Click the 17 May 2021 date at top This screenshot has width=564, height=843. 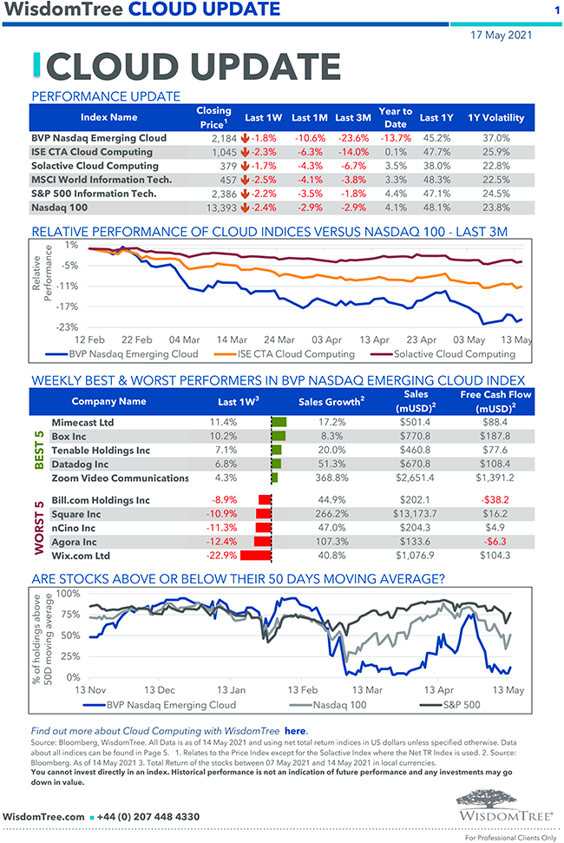pyautogui.click(x=502, y=36)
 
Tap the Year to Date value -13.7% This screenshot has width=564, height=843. pyautogui.click(x=395, y=138)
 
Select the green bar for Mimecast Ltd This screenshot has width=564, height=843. pyautogui.click(x=279, y=422)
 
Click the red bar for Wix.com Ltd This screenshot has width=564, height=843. pyautogui.click(x=256, y=556)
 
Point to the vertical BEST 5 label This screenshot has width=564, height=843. pyautogui.click(x=39, y=450)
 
